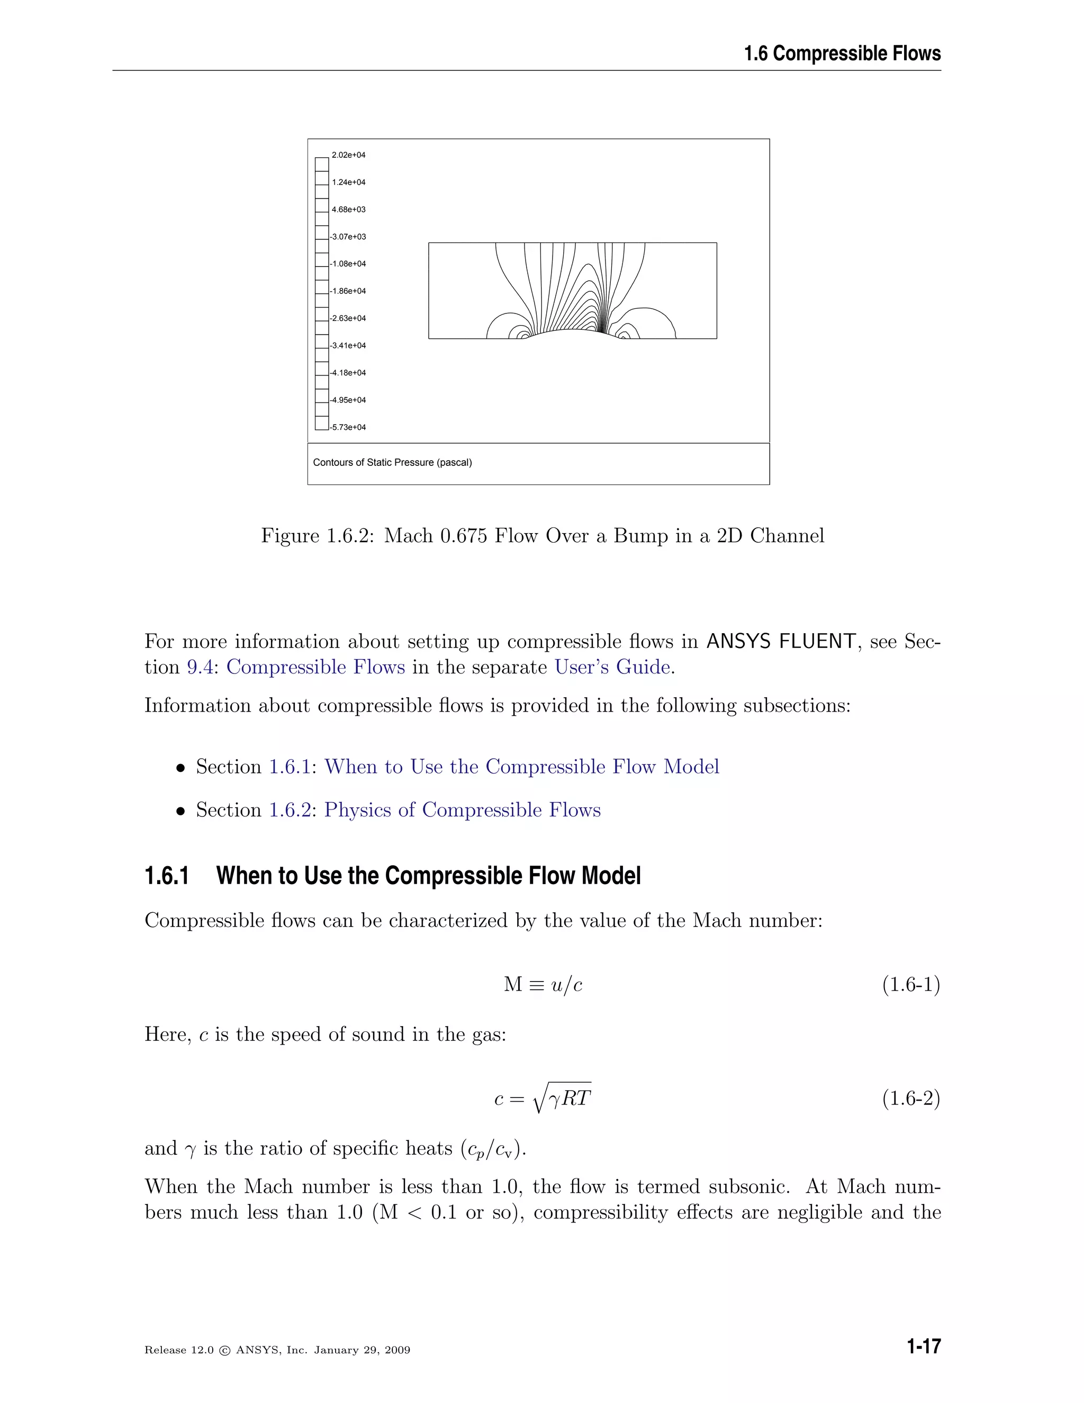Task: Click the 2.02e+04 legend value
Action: pos(348,155)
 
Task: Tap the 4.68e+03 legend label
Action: pos(348,210)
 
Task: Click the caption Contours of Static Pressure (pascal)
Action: pos(392,463)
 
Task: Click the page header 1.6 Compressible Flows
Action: pos(842,53)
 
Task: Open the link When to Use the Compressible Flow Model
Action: pos(521,767)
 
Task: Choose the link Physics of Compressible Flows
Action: pos(463,810)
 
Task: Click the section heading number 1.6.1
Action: pos(167,876)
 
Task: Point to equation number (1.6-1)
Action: pos(910,984)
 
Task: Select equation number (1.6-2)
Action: pos(910,1099)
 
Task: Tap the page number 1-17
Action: pos(924,1347)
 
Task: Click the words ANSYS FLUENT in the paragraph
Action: pos(781,641)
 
